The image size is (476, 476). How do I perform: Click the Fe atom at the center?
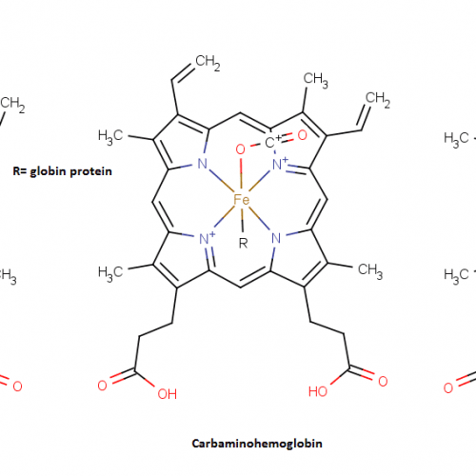coord(242,200)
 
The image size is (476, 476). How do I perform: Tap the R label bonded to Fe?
coord(243,244)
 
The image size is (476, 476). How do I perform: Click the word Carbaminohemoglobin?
coord(257,444)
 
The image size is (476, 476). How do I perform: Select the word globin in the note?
coord(48,171)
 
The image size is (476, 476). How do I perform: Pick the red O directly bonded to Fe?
coord(241,149)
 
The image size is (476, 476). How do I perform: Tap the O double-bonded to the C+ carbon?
coord(302,135)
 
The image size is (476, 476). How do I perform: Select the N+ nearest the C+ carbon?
coord(281,164)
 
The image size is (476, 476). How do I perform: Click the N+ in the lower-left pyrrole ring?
coord(208,238)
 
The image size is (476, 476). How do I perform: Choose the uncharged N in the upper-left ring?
coord(202,164)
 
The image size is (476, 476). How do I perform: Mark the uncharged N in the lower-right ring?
coord(276,238)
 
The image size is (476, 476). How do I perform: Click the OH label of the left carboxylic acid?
coord(168,394)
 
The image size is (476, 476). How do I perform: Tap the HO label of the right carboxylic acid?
coord(318,391)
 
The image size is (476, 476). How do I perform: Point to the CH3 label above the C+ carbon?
coord(315,80)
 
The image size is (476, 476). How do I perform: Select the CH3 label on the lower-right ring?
coord(370,271)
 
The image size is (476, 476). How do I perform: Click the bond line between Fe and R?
coord(243,219)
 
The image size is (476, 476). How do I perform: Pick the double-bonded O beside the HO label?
coord(383,381)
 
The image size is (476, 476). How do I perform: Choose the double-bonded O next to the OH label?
coord(102,386)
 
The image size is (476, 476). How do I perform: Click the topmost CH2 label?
coord(208,62)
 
